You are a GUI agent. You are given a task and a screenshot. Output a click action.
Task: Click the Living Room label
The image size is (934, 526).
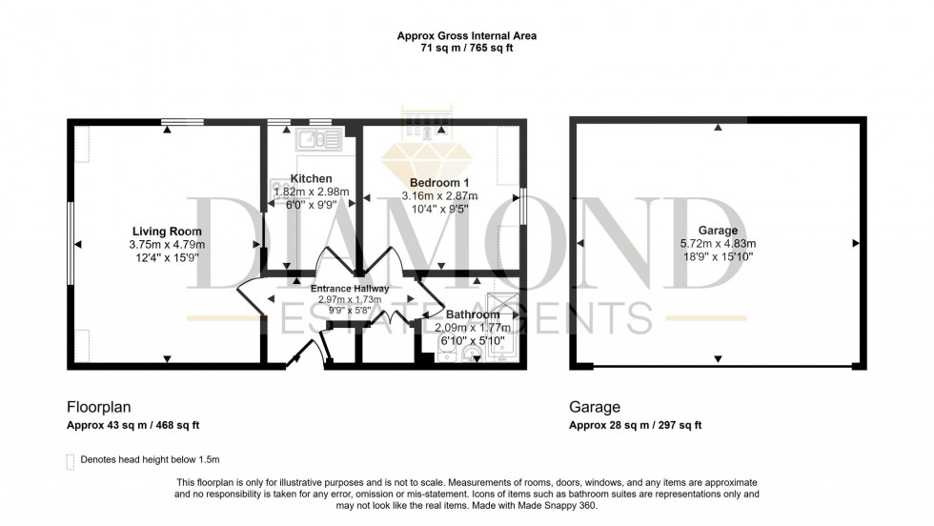pyautogui.click(x=167, y=232)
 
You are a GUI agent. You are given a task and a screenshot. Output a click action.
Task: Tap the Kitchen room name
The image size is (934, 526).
pyautogui.click(x=311, y=179)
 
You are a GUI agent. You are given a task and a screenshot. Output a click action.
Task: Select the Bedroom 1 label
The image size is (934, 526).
pyautogui.click(x=439, y=183)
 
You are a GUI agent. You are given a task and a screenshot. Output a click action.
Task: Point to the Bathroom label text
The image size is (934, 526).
pyautogui.click(x=473, y=315)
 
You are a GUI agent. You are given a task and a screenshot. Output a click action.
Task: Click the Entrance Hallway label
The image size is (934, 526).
pyautogui.click(x=349, y=289)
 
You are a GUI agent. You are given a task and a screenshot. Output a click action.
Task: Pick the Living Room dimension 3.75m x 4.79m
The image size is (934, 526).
pyautogui.click(x=167, y=245)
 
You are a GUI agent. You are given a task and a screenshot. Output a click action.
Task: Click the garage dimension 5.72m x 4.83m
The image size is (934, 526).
pyautogui.click(x=718, y=244)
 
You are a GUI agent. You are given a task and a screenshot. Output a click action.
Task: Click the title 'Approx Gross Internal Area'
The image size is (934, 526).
pyautogui.click(x=466, y=36)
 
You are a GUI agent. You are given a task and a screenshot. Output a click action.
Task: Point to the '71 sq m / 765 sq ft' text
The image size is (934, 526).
pyautogui.click(x=466, y=48)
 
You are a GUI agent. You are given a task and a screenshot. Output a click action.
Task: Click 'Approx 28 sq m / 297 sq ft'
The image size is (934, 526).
pyautogui.click(x=635, y=425)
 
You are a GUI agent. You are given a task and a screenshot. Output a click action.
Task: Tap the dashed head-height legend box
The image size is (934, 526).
pyautogui.click(x=71, y=460)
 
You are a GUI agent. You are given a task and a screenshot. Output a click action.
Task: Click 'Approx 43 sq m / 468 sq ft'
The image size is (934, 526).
pyautogui.click(x=132, y=425)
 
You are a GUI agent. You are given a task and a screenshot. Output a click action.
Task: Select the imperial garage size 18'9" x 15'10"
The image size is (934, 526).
pyautogui.click(x=718, y=257)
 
